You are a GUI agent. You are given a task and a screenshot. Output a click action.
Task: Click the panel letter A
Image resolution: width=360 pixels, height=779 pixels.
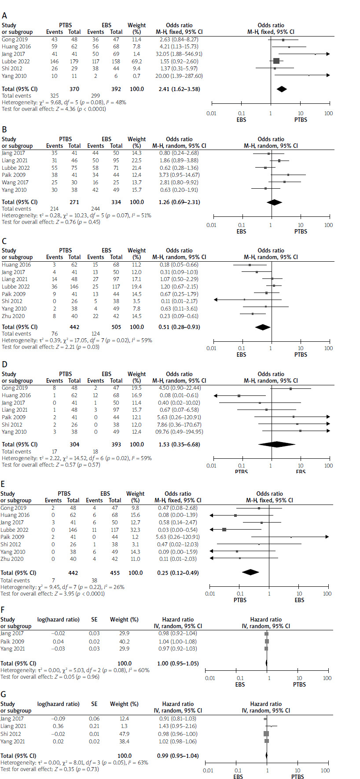coord(4,15)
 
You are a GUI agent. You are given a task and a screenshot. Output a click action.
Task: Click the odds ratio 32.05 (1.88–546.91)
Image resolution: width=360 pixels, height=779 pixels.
coord(179,54)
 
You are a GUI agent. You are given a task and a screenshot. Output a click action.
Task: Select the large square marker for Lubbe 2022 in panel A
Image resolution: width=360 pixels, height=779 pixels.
coord(276,61)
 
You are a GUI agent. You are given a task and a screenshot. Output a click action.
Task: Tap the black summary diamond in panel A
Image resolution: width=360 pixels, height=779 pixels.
coord(282,89)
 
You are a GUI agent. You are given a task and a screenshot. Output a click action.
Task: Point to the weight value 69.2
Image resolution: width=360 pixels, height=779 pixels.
coord(136,61)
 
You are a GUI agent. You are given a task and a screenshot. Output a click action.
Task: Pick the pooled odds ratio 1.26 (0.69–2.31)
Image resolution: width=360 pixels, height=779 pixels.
coord(179,202)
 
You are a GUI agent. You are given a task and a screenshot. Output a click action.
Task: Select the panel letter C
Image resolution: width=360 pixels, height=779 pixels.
coord(4,241)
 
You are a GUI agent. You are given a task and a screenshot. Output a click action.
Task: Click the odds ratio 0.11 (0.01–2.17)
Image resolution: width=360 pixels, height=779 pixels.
coord(179,301)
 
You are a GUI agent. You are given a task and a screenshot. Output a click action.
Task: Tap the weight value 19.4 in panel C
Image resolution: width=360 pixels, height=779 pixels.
coord(136,287)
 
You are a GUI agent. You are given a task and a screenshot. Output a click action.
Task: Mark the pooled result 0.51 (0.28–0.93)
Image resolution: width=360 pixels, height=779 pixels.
coord(179,327)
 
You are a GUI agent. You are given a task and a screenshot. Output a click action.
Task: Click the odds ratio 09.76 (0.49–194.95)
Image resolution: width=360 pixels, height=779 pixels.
coord(179,432)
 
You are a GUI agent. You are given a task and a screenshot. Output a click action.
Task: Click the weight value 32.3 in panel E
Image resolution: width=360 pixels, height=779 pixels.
coord(135,530)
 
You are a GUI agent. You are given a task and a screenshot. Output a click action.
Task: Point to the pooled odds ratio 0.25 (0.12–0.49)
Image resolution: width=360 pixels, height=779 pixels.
coord(178,573)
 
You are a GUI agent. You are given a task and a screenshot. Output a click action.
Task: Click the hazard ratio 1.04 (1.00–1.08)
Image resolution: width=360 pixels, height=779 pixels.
coord(178,642)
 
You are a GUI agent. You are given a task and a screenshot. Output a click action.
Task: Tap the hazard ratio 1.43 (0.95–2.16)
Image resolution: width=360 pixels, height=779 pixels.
coord(178,726)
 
